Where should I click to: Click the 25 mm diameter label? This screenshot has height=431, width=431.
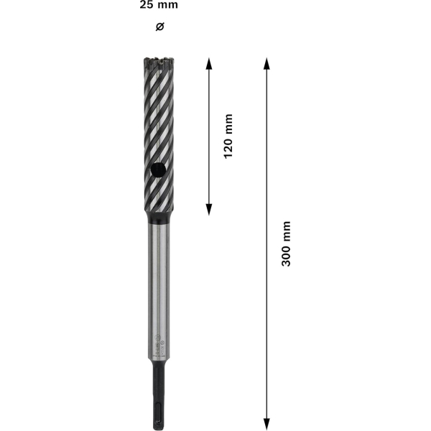coord(159,5)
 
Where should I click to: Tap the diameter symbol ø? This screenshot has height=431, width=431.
coord(159,27)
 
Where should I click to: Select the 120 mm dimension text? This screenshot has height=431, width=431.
coord(228,136)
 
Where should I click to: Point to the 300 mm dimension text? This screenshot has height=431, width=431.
coord(286,244)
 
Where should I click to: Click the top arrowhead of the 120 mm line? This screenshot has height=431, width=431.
coord(209,63)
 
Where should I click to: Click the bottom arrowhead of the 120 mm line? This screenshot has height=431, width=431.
coord(209,210)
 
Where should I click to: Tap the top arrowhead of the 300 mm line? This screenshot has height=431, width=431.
coord(267,63)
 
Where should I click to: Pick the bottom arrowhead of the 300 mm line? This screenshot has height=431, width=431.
coord(267,424)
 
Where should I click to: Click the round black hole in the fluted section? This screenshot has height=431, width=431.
coord(158,170)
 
